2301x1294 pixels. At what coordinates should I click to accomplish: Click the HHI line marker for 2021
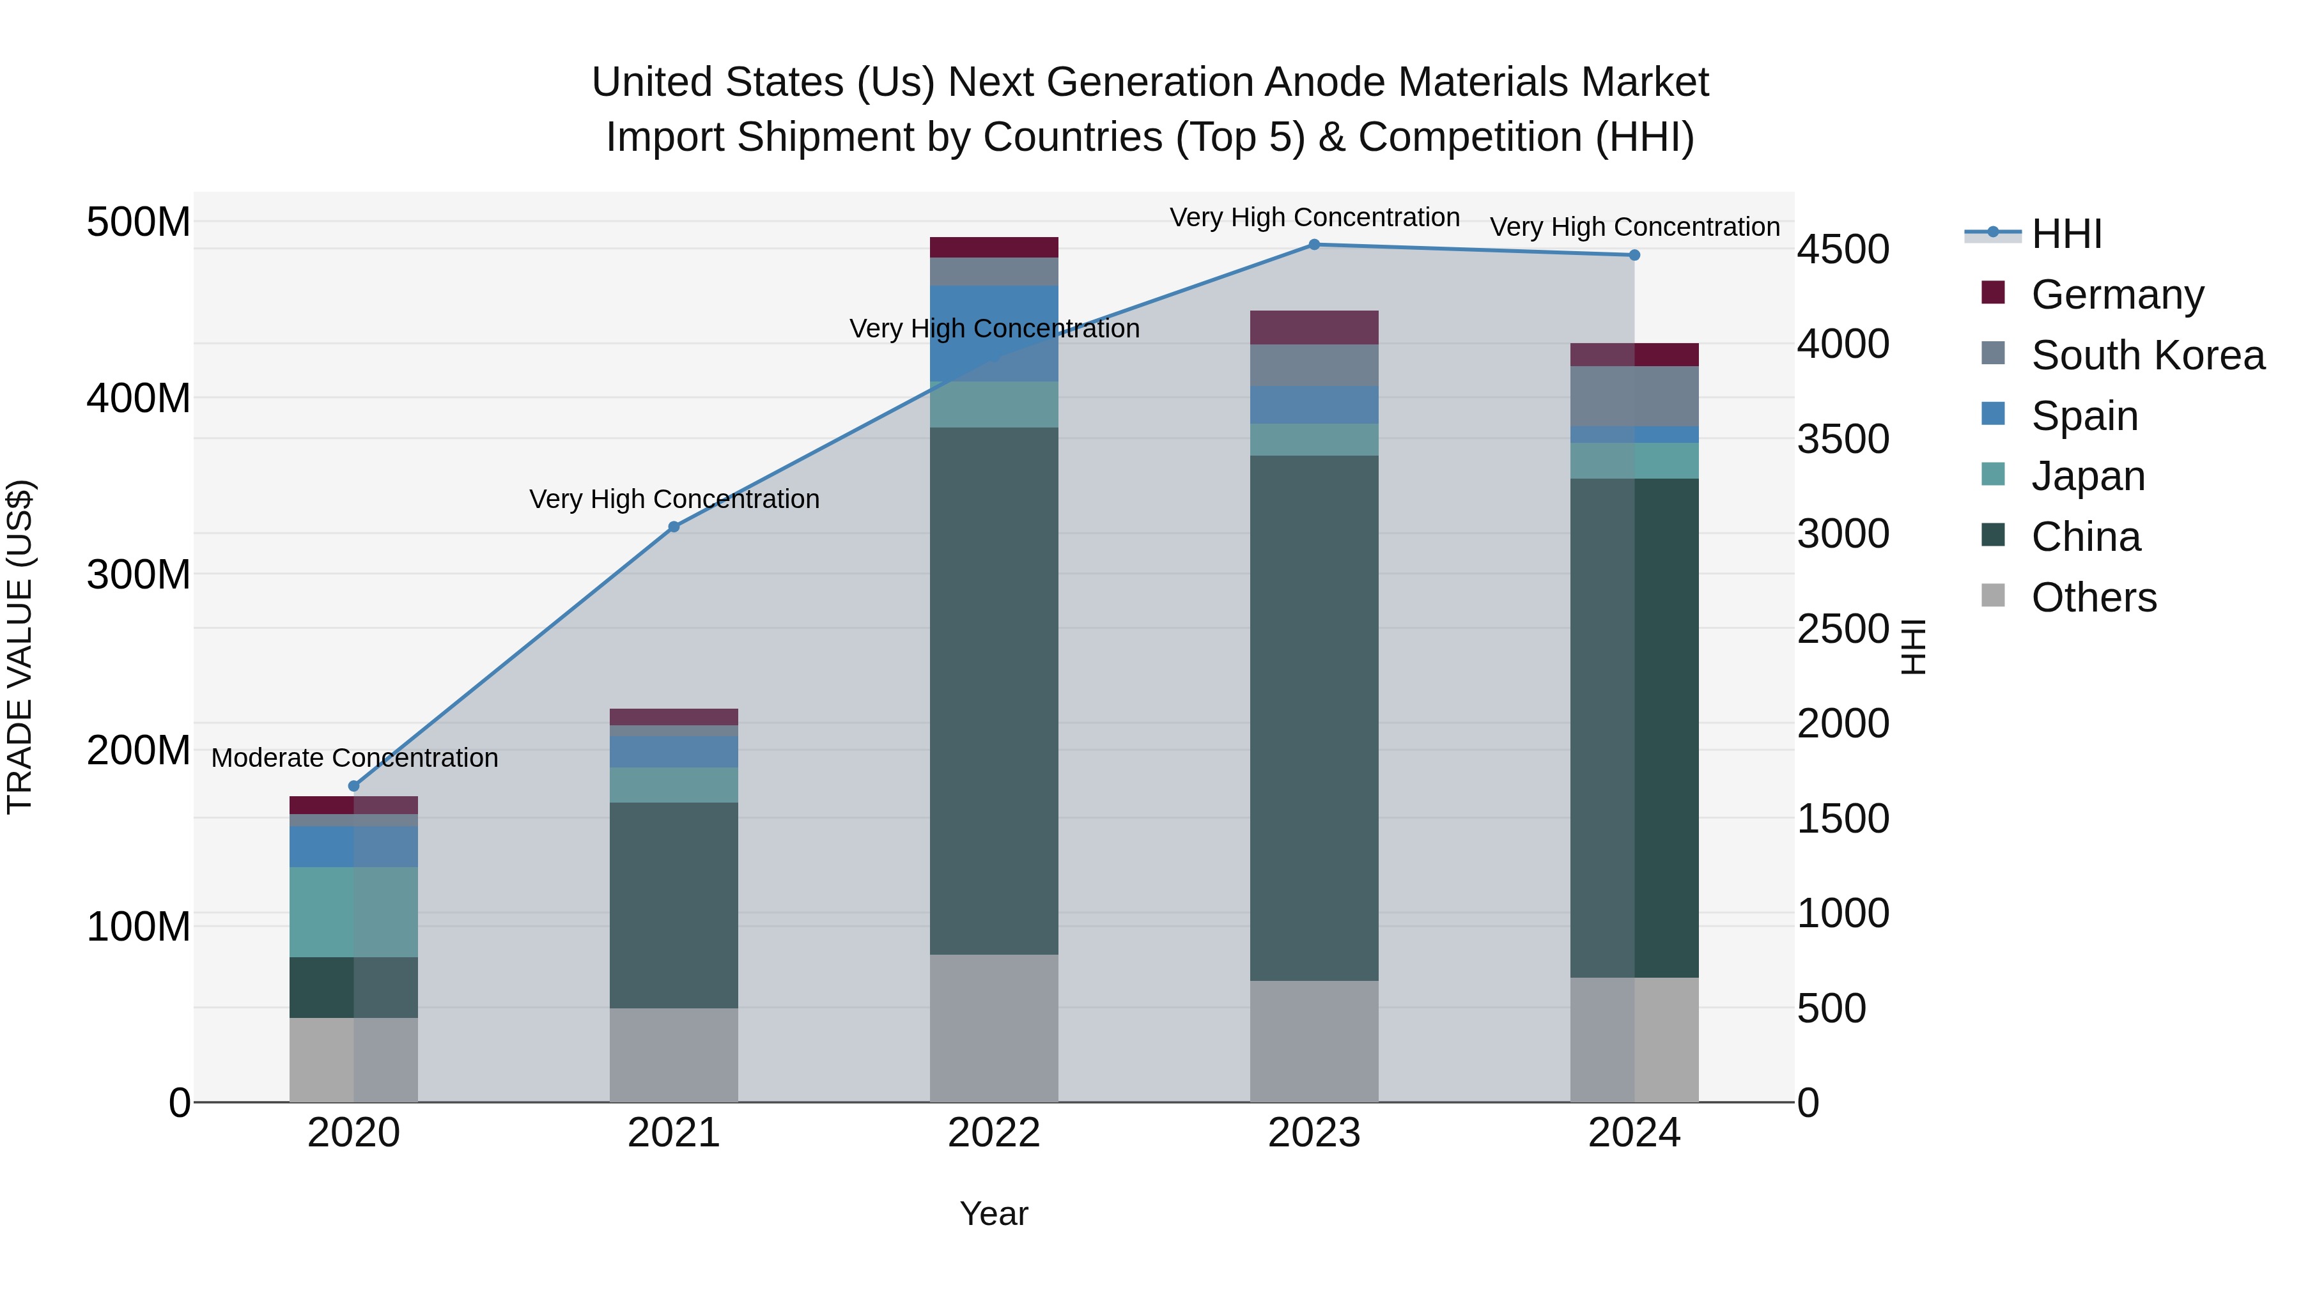pyautogui.click(x=674, y=527)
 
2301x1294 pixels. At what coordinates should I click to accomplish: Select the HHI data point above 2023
pyautogui.click(x=1314, y=245)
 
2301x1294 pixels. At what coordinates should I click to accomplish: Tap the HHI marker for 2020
pyautogui.click(x=353, y=786)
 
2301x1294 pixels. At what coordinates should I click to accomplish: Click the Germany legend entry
pyautogui.click(x=2117, y=295)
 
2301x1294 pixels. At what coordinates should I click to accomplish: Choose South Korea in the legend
pyautogui.click(x=2148, y=355)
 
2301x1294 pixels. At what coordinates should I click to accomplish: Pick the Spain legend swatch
pyautogui.click(x=1993, y=414)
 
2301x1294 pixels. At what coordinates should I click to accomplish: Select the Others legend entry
pyautogui.click(x=2093, y=597)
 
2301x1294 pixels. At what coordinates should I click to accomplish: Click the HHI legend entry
pyautogui.click(x=2066, y=234)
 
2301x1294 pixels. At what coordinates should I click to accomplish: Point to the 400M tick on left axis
pyautogui.click(x=139, y=398)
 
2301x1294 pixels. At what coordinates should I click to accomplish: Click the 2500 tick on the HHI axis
pyautogui.click(x=1843, y=629)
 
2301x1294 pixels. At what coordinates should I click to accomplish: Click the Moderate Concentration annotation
pyautogui.click(x=355, y=758)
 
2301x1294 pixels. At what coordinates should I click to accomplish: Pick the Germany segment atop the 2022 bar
pyautogui.click(x=993, y=247)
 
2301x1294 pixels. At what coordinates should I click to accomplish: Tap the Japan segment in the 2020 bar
pyautogui.click(x=353, y=912)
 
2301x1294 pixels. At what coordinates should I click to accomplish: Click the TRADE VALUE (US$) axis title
pyautogui.click(x=20, y=647)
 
